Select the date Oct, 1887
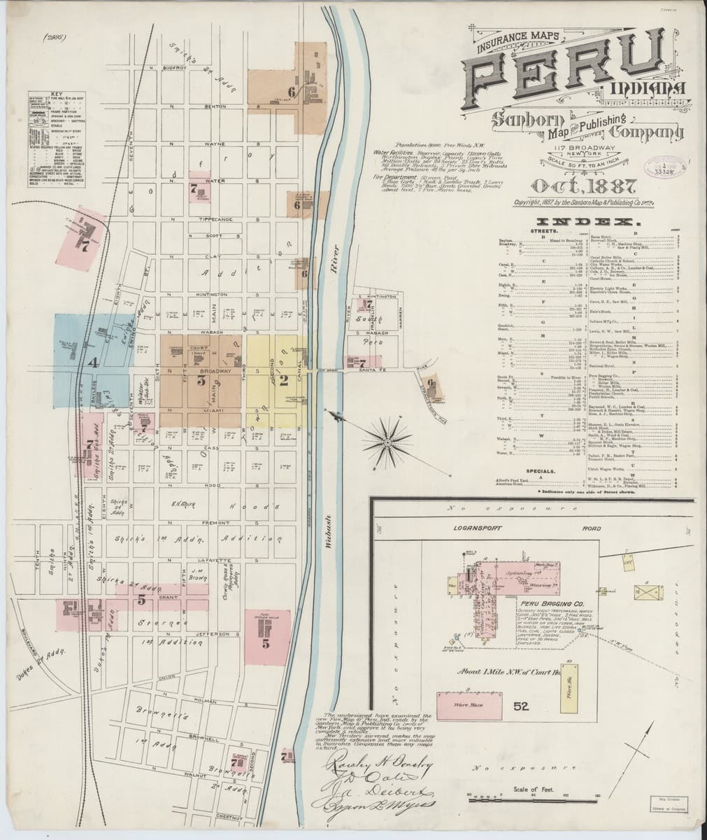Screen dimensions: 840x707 (x=584, y=187)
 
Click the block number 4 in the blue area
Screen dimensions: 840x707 (x=92, y=363)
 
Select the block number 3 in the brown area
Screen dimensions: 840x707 (x=201, y=381)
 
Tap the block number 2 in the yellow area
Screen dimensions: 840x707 (x=283, y=381)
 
